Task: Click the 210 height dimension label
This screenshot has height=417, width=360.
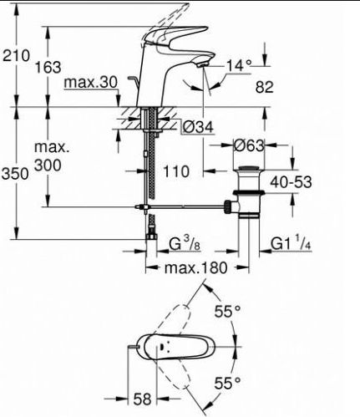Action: [16, 55]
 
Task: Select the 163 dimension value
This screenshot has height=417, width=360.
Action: [48, 68]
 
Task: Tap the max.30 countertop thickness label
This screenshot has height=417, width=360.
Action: [91, 83]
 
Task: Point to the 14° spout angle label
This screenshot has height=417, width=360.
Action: [239, 66]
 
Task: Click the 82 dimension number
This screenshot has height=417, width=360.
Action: [265, 87]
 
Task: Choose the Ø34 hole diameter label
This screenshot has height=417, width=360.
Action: [198, 128]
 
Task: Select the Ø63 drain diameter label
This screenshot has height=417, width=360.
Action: [249, 145]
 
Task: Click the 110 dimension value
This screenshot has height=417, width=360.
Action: [176, 171]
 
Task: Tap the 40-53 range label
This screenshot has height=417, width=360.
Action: [291, 182]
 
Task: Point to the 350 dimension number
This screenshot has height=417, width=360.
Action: [15, 174]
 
